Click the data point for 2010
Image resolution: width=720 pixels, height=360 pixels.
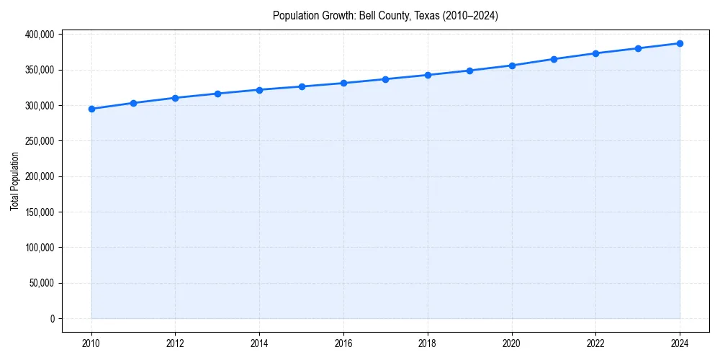91,109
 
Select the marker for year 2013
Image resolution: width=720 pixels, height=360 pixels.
217,94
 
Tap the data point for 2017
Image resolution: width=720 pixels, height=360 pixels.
385,79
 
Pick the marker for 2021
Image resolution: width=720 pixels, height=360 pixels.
554,59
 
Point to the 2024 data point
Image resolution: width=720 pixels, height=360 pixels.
680,43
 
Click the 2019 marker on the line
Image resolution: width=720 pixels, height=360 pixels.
469,71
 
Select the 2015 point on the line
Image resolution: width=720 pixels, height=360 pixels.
302,86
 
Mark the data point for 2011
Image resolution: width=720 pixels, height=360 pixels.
133,103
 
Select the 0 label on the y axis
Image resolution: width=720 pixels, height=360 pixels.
52,318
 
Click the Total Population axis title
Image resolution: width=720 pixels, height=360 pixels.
14,181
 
